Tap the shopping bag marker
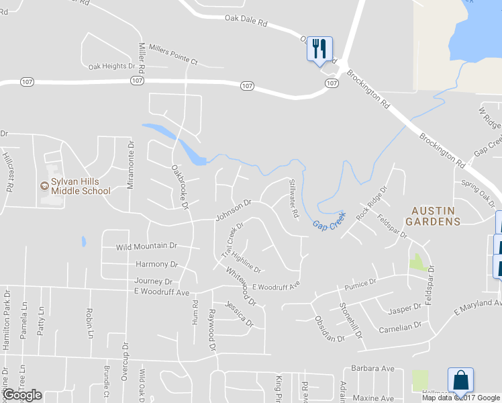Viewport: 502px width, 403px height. point(460,380)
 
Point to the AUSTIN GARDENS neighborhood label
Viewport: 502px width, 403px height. point(435,215)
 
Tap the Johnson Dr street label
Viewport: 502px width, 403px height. point(233,210)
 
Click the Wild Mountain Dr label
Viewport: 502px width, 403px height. point(146,247)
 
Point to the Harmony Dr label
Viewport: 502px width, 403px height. point(156,264)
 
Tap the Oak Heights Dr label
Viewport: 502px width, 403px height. point(111,66)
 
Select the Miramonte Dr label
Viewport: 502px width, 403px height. point(132,164)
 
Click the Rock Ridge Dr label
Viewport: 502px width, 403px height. point(372,203)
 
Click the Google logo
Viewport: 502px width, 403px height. point(22,395)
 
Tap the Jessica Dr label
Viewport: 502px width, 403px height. point(239,314)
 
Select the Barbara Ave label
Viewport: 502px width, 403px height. point(372,369)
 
